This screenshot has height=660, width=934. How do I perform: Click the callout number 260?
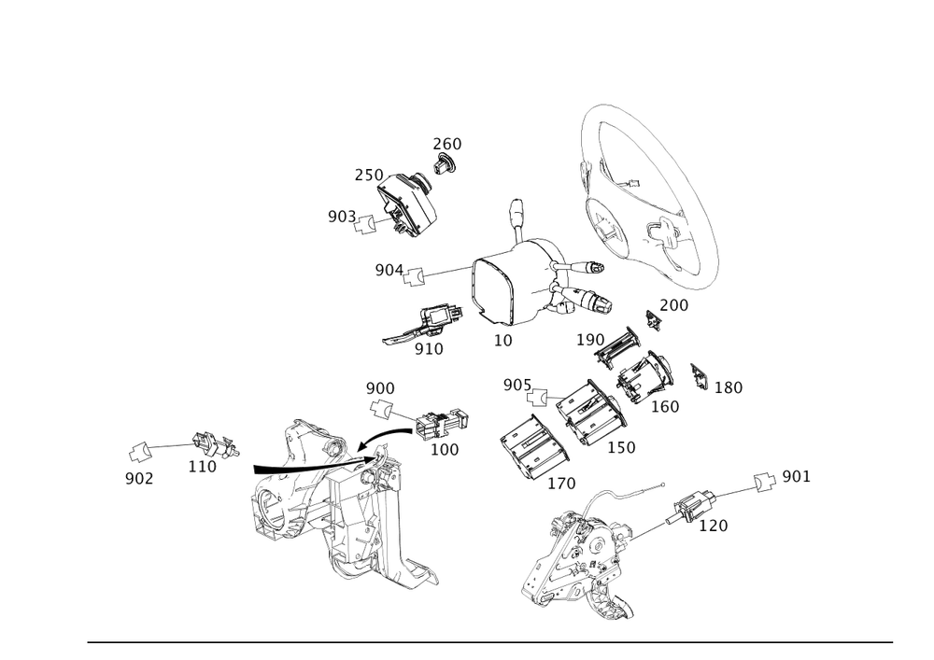[446, 144]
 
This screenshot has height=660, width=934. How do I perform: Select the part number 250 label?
[368, 175]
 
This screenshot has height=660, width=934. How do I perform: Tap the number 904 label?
[387, 270]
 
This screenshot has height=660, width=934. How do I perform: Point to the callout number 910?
[429, 348]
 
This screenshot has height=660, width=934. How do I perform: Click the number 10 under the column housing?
[503, 341]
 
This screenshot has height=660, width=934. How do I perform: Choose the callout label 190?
[590, 339]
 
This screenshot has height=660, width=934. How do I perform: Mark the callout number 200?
[673, 305]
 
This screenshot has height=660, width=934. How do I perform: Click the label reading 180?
[729, 387]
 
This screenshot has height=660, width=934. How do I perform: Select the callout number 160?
[665, 406]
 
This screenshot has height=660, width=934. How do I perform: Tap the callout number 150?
[621, 448]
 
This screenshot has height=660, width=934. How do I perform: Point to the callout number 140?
[560, 484]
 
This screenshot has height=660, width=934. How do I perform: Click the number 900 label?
[380, 387]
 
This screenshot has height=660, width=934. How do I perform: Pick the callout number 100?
[444, 450]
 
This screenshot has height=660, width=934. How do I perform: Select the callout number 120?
[714, 526]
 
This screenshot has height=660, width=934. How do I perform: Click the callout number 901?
[796, 476]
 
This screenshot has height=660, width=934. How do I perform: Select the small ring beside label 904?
[417, 274]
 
